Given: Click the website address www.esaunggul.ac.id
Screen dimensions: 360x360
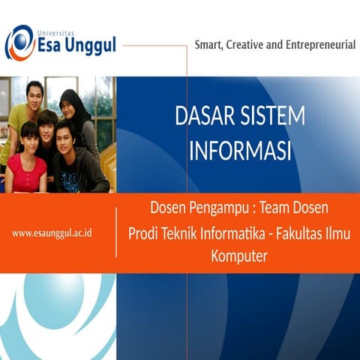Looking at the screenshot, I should pos(52,233).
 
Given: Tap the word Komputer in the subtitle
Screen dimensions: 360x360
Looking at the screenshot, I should pos(239,256).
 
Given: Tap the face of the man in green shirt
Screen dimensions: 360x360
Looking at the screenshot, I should pos(34,96).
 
